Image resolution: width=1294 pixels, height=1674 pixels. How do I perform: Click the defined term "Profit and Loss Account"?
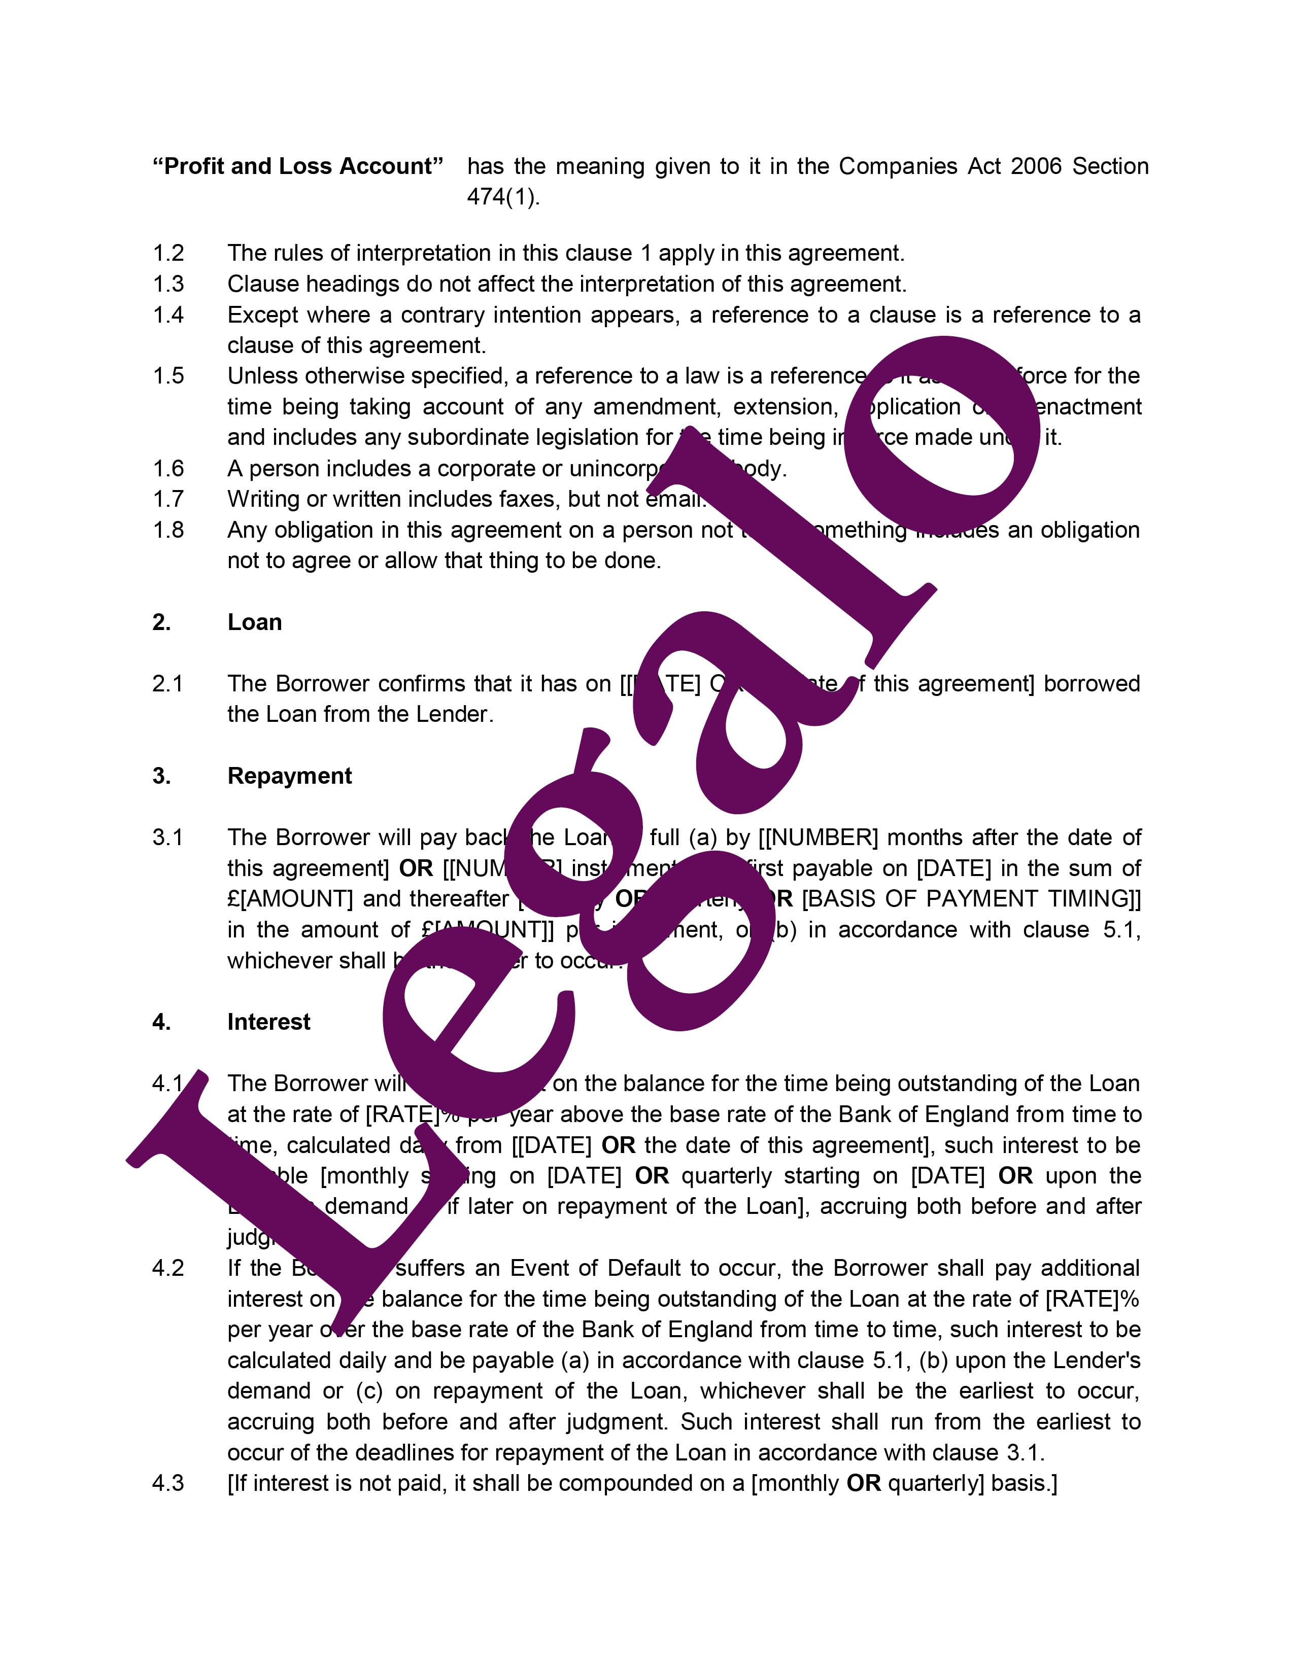[298, 166]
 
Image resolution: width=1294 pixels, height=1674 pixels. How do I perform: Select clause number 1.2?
[168, 253]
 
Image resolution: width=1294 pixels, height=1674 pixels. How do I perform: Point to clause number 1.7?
[168, 499]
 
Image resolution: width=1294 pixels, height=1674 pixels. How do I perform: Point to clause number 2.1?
[168, 684]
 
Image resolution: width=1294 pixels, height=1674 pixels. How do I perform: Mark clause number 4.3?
[168, 1483]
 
